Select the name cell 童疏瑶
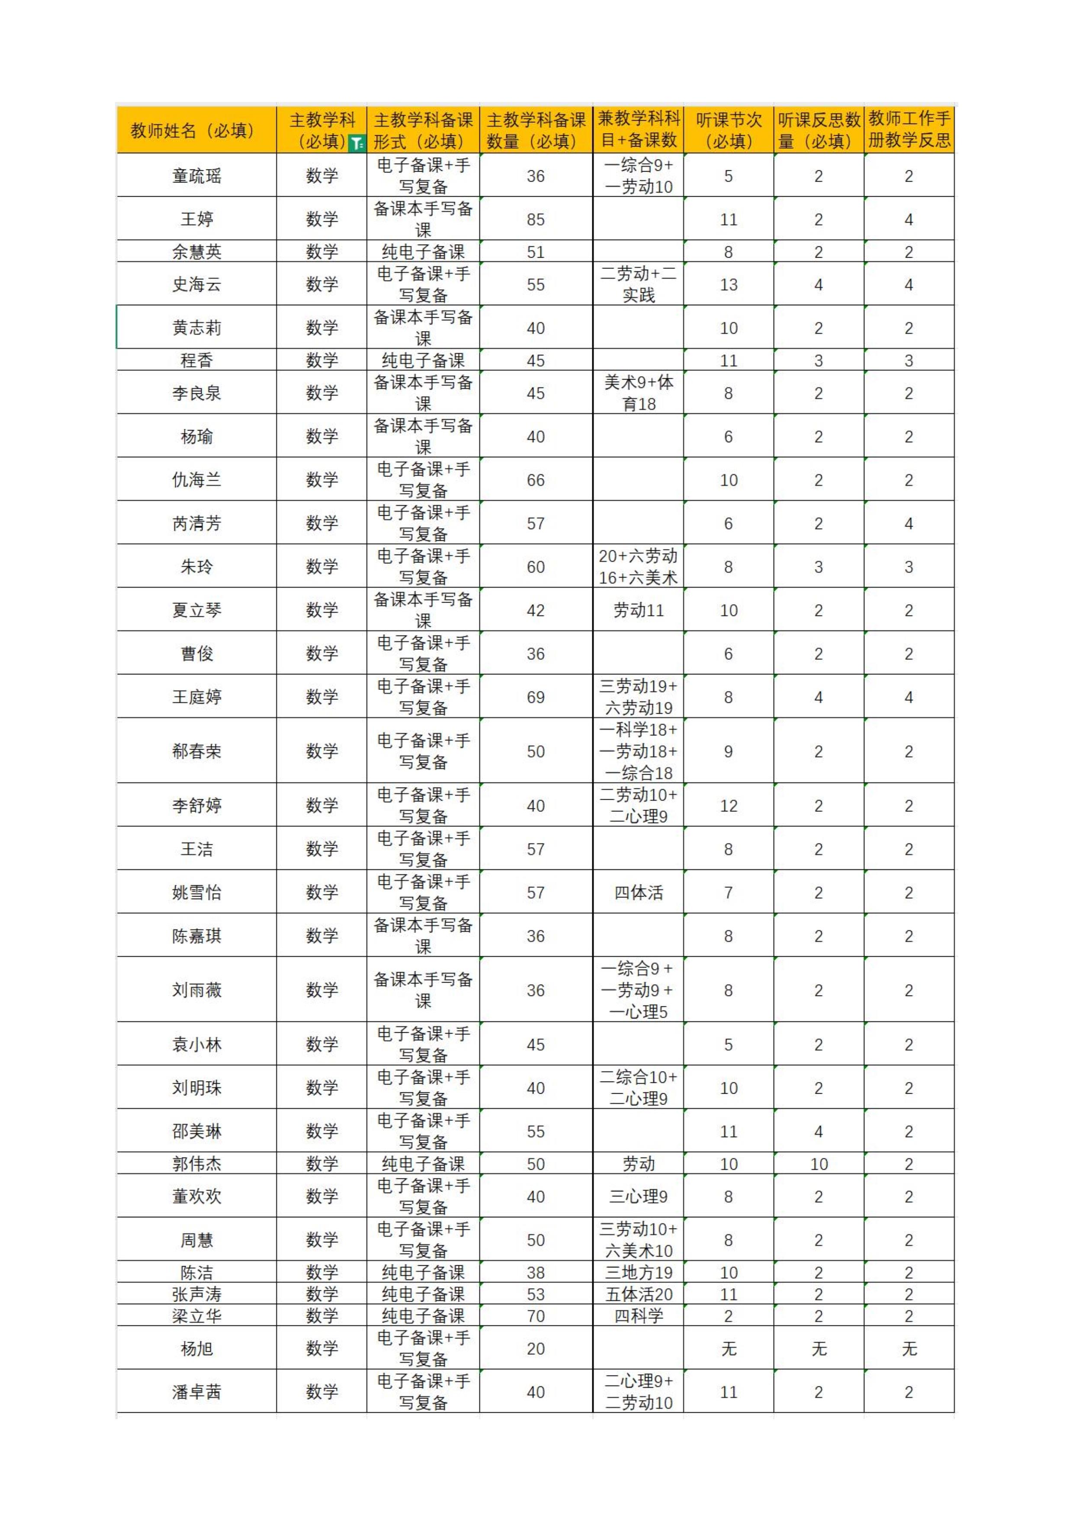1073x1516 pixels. [196, 176]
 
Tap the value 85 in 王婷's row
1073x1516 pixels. [535, 219]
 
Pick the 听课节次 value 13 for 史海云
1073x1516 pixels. [728, 284]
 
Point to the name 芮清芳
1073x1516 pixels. [196, 523]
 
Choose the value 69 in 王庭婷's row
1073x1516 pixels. [535, 697]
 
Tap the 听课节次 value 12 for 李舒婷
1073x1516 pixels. [728, 805]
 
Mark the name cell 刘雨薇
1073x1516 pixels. [196, 990]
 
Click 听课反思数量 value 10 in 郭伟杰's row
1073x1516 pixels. [819, 1164]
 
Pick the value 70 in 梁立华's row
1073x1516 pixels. [535, 1316]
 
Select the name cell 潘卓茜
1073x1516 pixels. [196, 1392]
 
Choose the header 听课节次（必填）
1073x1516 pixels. [728, 131]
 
